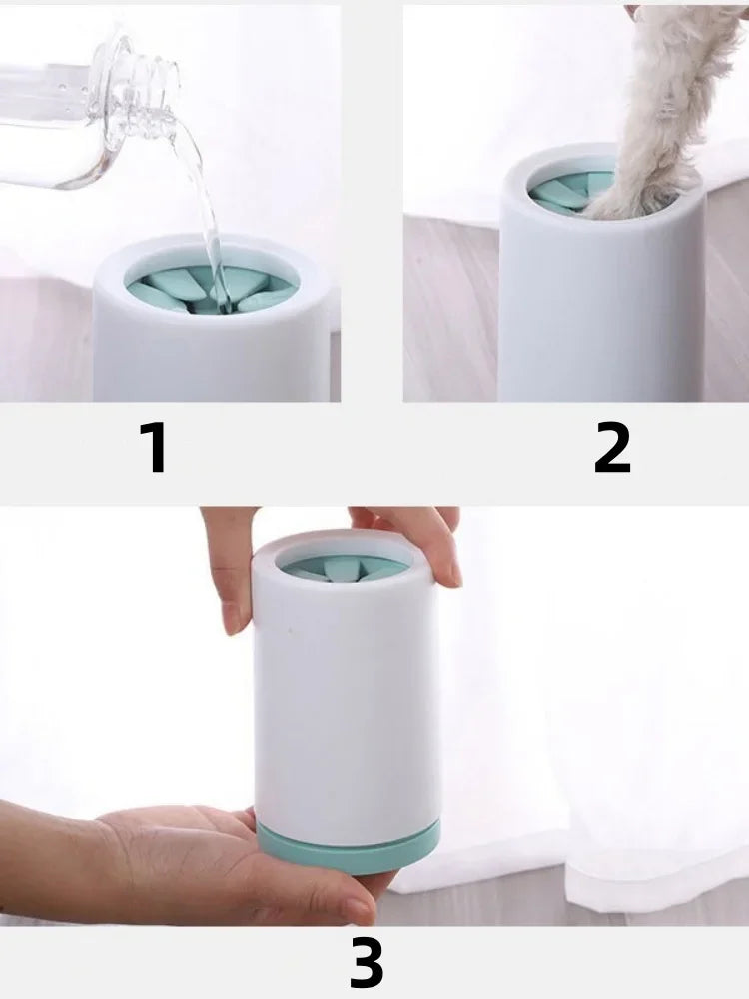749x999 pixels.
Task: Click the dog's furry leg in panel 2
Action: pyautogui.click(x=662, y=108)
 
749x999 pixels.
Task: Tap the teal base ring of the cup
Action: pyautogui.click(x=349, y=845)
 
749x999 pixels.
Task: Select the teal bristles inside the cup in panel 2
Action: pyautogui.click(x=567, y=190)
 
